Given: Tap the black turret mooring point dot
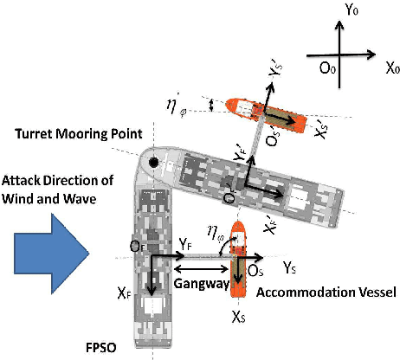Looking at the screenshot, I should click(153, 162).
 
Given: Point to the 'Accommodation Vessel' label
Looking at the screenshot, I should click(326, 292).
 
